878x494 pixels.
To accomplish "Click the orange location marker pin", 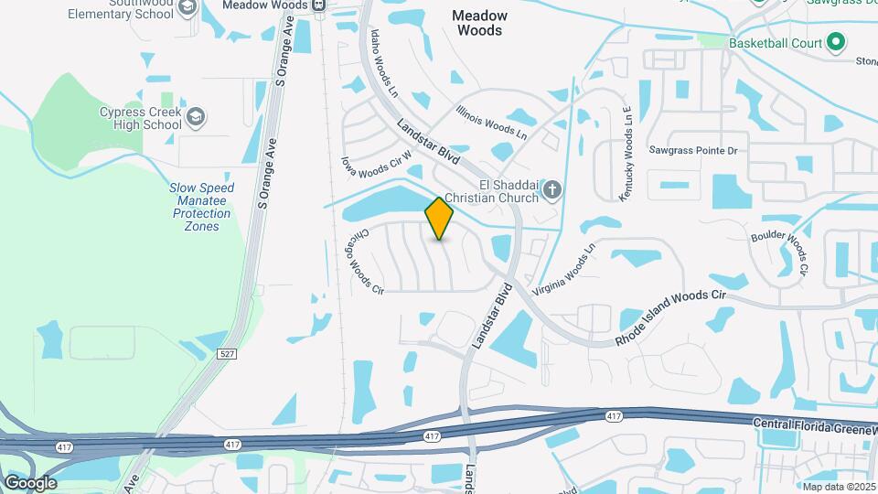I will [x=440, y=218].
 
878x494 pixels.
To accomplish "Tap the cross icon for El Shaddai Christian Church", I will [x=551, y=189].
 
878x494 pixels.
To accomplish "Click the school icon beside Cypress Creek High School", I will [x=198, y=117].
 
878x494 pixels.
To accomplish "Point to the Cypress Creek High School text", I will [x=140, y=118].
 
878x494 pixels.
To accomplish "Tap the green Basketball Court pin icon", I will [x=835, y=42].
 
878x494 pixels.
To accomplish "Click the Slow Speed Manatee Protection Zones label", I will [x=201, y=207].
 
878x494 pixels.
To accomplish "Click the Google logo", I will [x=29, y=482].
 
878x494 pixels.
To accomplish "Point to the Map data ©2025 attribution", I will [x=838, y=487].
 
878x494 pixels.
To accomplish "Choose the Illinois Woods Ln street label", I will [x=492, y=122].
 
